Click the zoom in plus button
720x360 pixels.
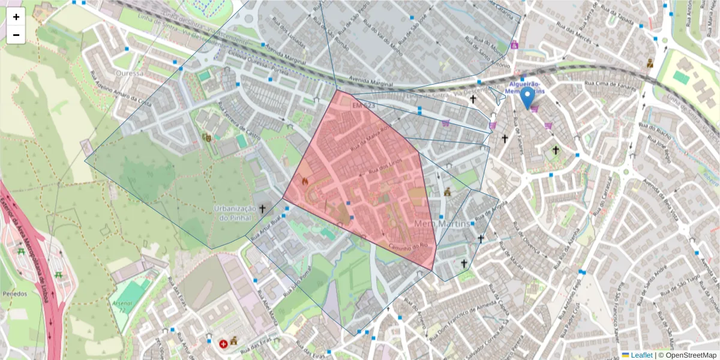point(16,17)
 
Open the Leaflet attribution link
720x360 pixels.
point(641,355)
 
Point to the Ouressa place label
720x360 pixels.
point(129,73)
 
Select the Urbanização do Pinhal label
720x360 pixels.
point(235,212)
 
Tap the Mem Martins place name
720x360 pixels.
point(437,223)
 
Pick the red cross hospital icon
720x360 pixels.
point(223,344)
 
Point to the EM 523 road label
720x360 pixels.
point(363,106)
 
